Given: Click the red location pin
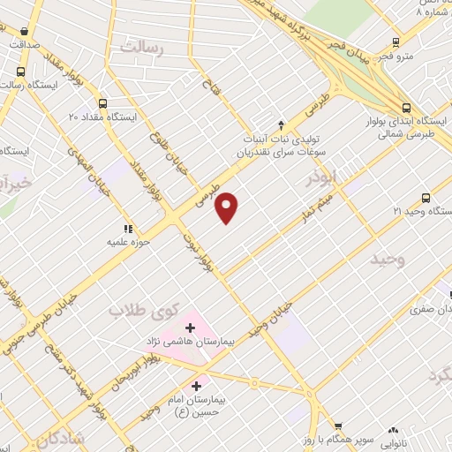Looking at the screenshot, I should [x=229, y=207].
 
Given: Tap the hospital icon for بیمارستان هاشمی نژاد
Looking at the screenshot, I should [x=190, y=328].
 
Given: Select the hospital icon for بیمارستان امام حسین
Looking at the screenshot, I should [x=197, y=385].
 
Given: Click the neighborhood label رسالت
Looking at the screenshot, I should [x=140, y=49].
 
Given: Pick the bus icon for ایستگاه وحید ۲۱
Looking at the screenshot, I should [x=426, y=198].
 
